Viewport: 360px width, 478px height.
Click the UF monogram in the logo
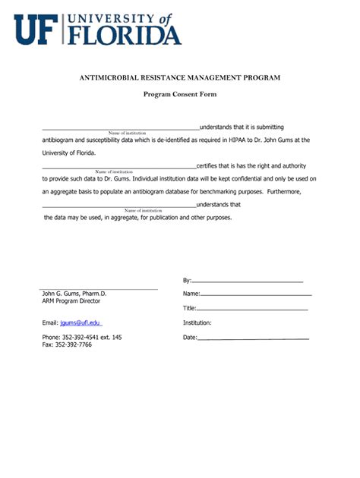(x=36, y=30)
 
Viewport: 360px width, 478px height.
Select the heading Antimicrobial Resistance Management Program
(x=180, y=77)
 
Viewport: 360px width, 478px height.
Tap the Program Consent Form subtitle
(x=180, y=95)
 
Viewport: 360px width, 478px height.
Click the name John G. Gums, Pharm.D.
(x=74, y=293)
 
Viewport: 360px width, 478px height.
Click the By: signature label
(x=187, y=280)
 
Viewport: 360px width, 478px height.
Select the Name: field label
(x=191, y=294)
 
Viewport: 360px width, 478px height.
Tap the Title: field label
(x=190, y=308)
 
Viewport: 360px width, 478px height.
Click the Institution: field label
(x=197, y=322)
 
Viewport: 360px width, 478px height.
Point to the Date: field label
(x=190, y=337)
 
